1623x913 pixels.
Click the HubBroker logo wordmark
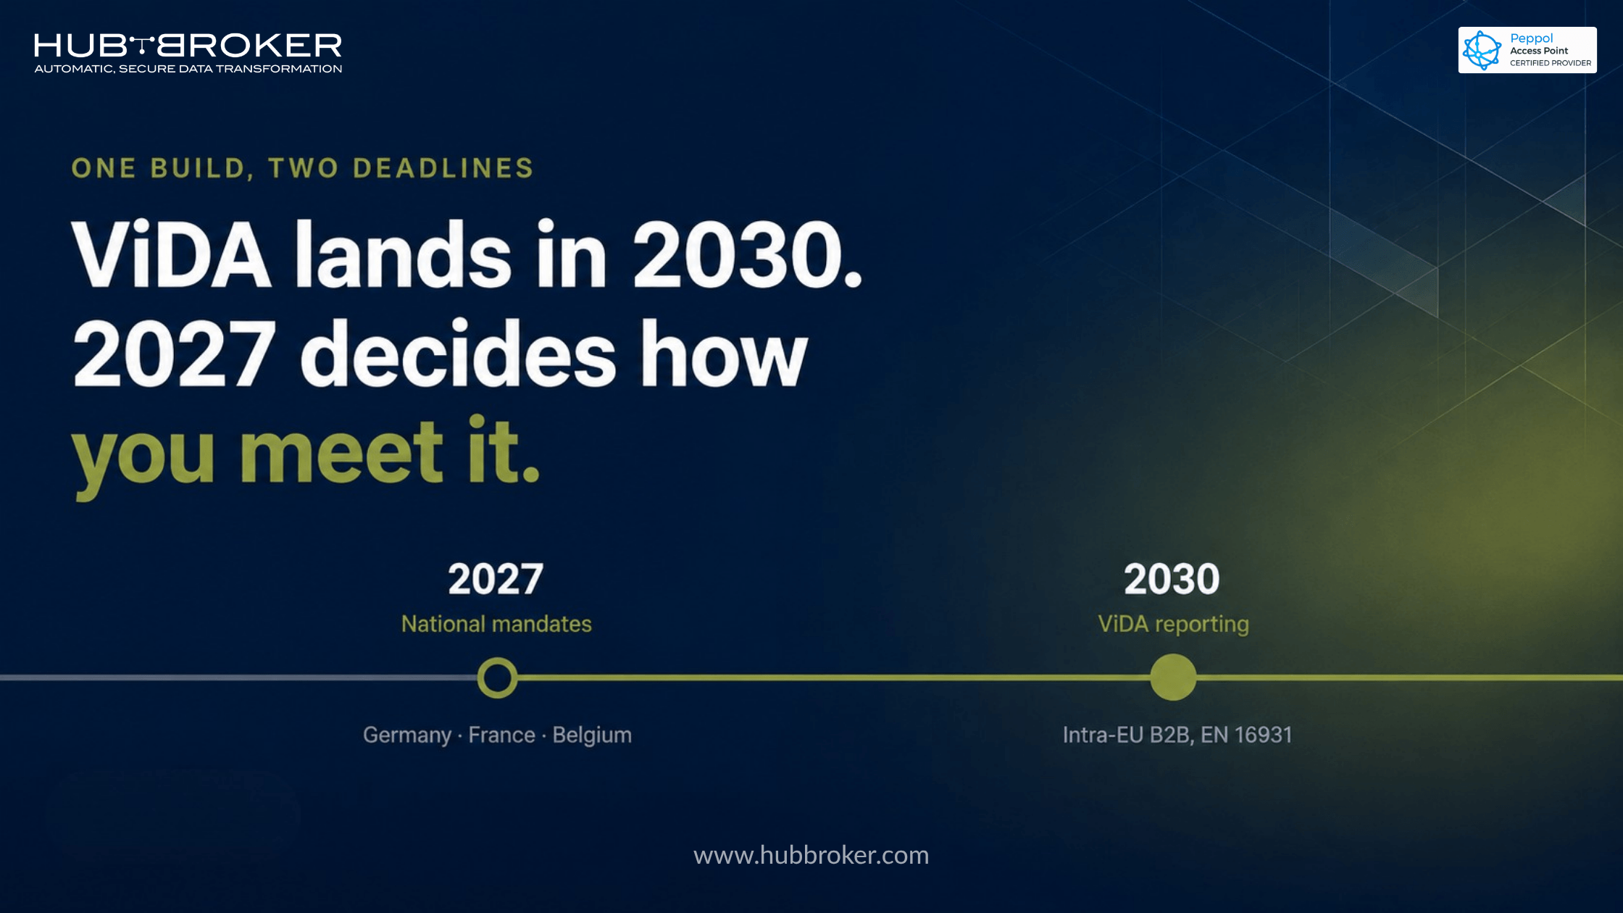point(188,46)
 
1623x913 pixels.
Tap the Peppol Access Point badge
point(1527,50)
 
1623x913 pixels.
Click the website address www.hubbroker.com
point(811,855)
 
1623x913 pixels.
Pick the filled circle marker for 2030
point(1173,678)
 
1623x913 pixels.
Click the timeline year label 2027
point(496,579)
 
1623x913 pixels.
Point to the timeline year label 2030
point(1172,579)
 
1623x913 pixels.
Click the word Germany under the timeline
point(407,735)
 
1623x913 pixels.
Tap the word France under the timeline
point(502,735)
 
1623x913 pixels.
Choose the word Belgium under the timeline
point(592,735)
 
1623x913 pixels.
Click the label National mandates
point(496,624)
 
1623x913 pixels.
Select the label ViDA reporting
point(1173,625)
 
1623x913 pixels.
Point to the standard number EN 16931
point(1246,735)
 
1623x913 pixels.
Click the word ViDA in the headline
point(171,254)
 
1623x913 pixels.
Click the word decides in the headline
point(458,353)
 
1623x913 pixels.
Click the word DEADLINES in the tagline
point(443,168)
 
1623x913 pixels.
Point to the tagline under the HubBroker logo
point(188,69)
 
